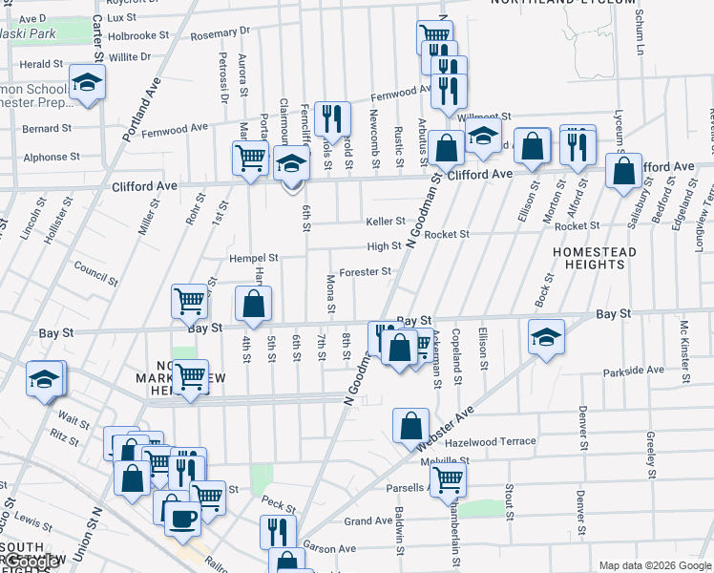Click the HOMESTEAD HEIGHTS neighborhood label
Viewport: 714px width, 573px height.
(594, 258)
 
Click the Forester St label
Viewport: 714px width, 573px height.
(365, 271)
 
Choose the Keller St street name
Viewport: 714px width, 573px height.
(386, 222)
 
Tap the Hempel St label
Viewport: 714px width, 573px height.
(253, 258)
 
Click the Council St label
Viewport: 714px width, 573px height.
(94, 272)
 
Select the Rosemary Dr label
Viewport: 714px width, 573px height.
(219, 35)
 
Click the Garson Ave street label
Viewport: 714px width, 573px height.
(329, 548)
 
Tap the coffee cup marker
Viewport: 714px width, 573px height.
(181, 519)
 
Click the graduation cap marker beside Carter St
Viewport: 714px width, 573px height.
(88, 82)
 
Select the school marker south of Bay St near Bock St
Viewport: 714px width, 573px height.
(545, 336)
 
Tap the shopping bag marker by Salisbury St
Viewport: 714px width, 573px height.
(623, 171)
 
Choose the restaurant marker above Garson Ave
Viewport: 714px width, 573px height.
(278, 531)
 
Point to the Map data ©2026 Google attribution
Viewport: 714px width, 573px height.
(655, 565)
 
